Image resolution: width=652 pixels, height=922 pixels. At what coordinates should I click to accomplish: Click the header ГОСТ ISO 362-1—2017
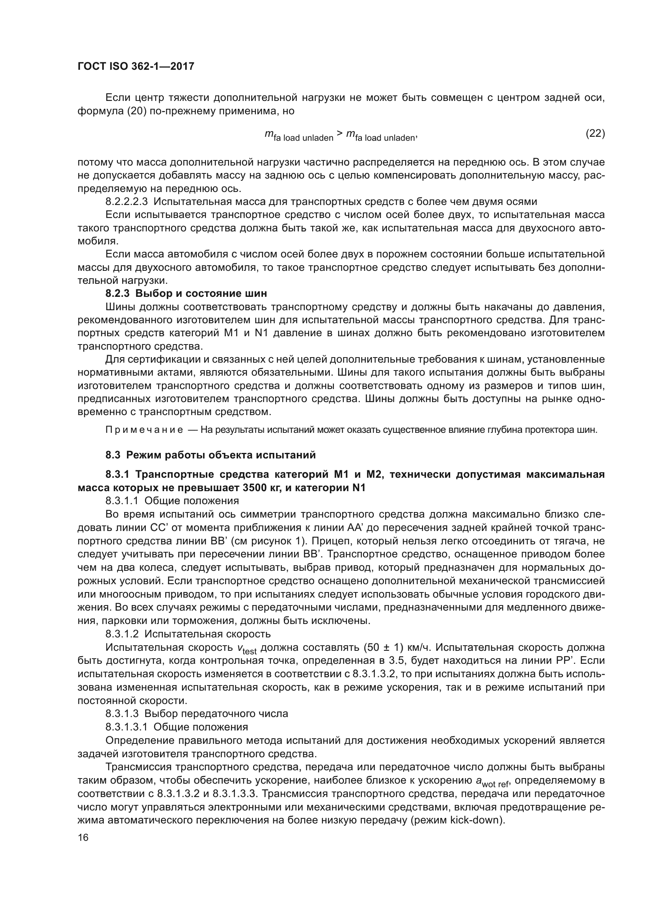coord(136,67)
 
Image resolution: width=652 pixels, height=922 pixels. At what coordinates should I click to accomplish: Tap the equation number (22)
coord(595,133)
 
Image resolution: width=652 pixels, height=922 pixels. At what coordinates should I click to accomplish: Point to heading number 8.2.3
coord(117,294)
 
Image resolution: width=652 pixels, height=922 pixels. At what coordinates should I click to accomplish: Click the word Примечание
coord(144,430)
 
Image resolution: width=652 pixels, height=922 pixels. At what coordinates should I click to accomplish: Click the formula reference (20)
coord(136,111)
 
